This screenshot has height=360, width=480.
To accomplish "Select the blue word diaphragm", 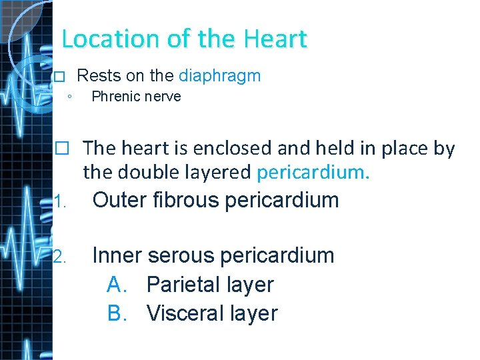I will coord(220,75).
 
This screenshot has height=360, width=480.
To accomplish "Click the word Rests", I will coord(97,75).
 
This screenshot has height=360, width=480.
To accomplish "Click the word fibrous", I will coord(190,199).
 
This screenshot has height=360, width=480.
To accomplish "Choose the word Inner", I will coord(116,255).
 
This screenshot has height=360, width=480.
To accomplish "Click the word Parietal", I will coord(183,285).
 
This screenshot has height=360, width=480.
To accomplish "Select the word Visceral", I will coord(185,313).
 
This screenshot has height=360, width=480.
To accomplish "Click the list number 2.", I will coord(60,257).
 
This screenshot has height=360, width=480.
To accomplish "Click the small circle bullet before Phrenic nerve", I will coord(70,97).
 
